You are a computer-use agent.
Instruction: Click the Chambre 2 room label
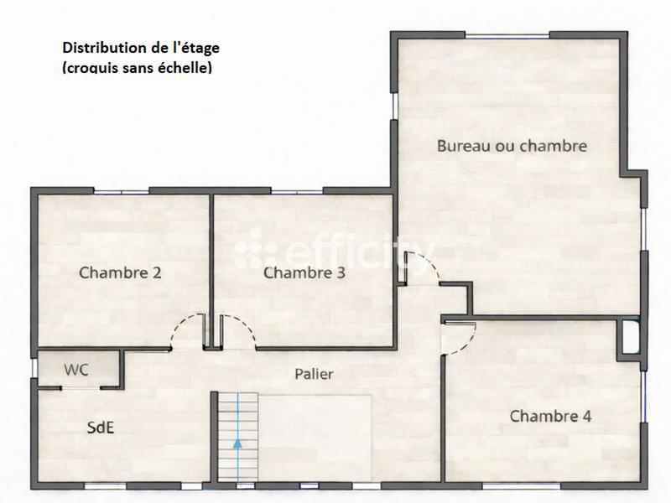coord(120,272)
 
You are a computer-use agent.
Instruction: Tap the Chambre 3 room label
coord(304,272)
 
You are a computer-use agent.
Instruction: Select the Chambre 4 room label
coord(551,416)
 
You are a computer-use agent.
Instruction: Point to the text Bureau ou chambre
coord(512,146)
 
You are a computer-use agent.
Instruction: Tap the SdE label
coord(101,427)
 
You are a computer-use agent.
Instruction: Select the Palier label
coord(315,374)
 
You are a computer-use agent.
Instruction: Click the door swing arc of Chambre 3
coord(239,329)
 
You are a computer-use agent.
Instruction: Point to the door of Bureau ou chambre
coord(421,267)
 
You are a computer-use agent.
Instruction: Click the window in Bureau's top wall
coord(507,34)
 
